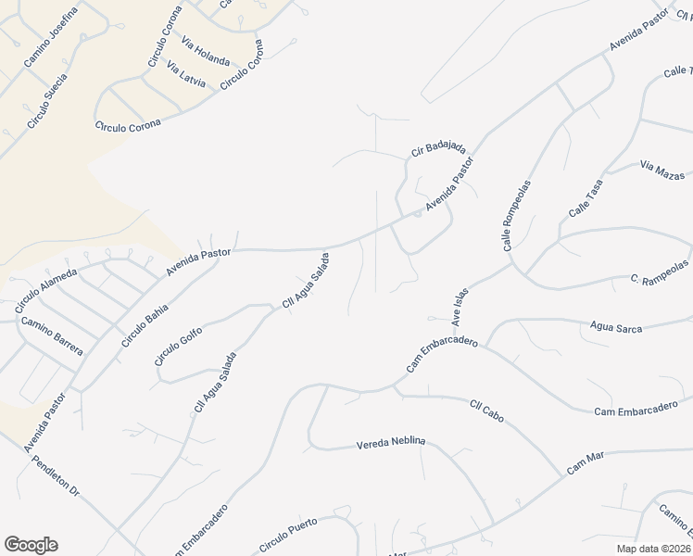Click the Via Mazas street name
click(x=661, y=170)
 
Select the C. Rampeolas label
click(x=660, y=279)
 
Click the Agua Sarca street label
click(x=616, y=325)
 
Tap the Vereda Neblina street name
click(x=390, y=444)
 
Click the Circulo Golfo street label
click(x=178, y=344)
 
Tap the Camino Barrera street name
click(x=52, y=336)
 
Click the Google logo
click(x=31, y=545)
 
